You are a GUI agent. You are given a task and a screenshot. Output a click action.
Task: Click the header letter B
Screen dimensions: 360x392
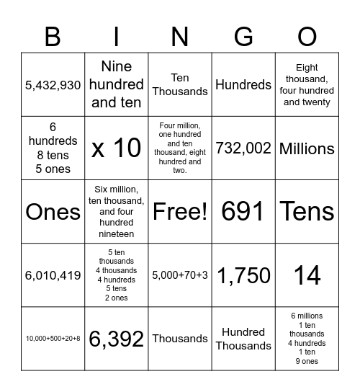click(x=53, y=37)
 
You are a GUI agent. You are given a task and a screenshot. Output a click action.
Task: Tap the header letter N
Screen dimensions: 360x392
click(x=180, y=37)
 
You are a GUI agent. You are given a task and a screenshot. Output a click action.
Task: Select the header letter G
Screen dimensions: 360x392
click(x=243, y=37)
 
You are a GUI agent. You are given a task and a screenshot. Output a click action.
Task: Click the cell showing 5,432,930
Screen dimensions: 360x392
click(x=53, y=85)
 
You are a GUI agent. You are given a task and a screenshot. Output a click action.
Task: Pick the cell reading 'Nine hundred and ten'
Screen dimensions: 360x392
click(x=117, y=84)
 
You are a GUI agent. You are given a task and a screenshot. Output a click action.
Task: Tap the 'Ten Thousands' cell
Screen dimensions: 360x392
click(x=180, y=84)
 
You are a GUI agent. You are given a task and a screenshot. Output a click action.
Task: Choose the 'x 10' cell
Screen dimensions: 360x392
click(x=117, y=148)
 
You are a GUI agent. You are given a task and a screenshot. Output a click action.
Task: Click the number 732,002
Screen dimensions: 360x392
click(x=243, y=148)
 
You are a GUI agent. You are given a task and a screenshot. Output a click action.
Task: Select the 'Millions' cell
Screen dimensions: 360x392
click(x=307, y=148)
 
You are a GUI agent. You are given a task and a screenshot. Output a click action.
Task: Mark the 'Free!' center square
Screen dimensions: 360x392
click(x=180, y=212)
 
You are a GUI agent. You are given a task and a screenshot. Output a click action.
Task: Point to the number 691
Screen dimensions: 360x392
click(x=243, y=212)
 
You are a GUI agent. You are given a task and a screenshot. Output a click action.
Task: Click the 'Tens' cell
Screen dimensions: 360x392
click(x=307, y=212)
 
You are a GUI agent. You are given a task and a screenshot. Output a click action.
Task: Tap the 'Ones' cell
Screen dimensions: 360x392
click(x=53, y=212)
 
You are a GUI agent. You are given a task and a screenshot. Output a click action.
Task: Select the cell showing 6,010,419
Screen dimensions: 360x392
click(x=53, y=275)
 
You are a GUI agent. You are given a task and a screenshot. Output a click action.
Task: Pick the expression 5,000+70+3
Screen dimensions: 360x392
click(x=180, y=275)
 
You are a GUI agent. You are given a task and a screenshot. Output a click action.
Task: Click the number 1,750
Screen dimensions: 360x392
click(x=243, y=275)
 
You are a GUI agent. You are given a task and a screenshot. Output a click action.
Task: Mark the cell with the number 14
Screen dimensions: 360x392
click(x=307, y=275)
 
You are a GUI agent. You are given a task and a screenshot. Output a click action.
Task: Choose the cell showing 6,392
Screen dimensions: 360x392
click(x=117, y=339)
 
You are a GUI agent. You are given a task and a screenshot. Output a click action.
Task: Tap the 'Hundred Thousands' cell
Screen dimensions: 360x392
click(x=243, y=339)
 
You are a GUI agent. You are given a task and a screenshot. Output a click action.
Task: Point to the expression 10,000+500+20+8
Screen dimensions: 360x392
click(x=53, y=339)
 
